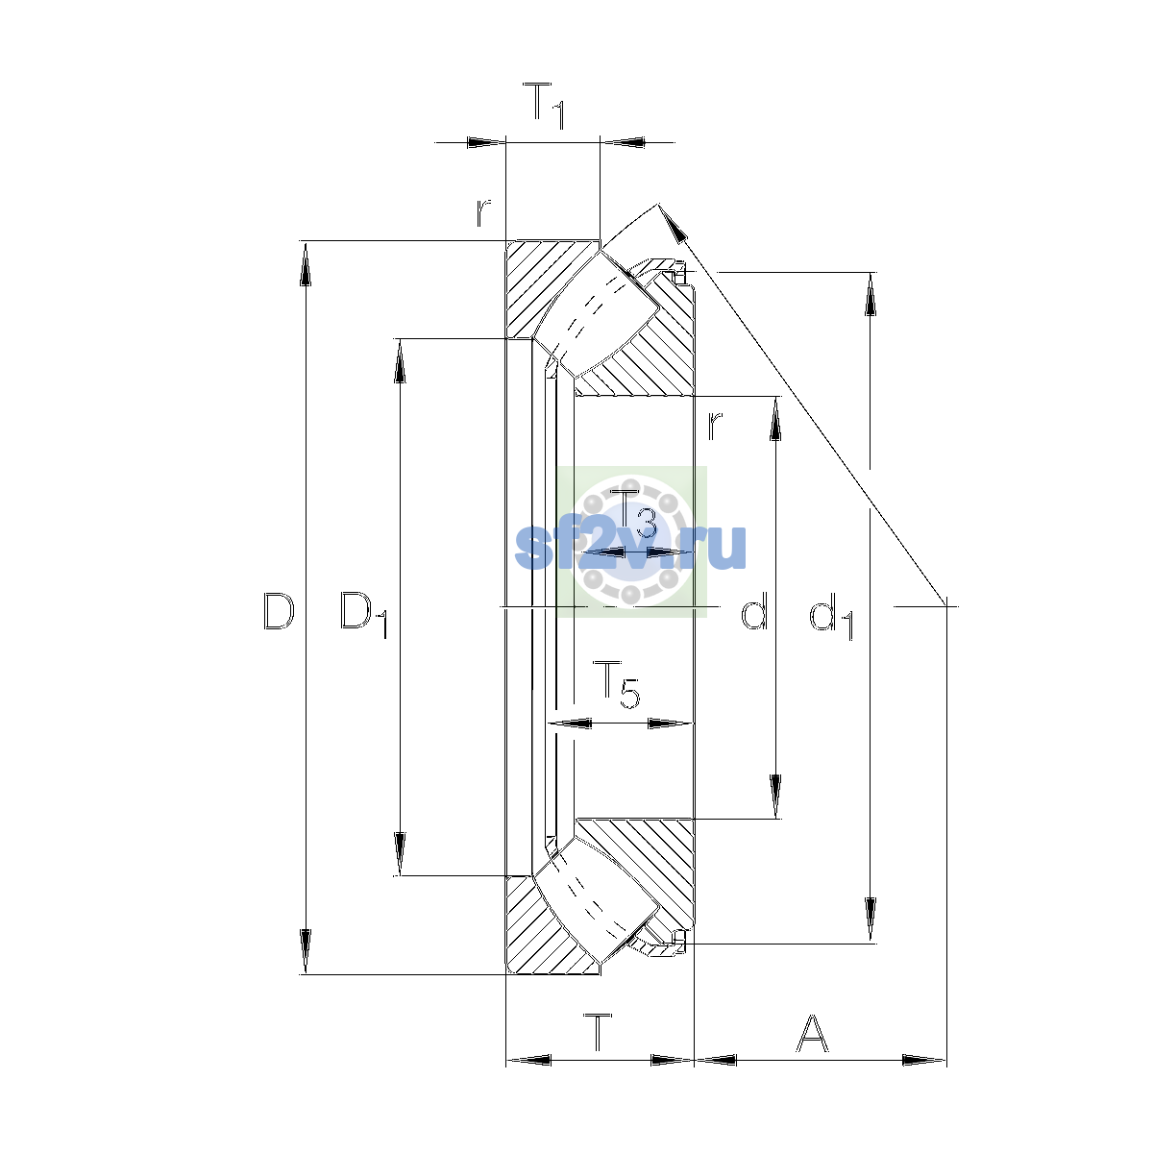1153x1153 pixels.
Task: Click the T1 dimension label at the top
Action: pyautogui.click(x=543, y=106)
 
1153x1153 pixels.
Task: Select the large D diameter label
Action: pyautogui.click(x=279, y=611)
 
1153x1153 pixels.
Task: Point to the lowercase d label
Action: pyautogui.click(x=754, y=610)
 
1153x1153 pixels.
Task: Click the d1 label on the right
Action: pyautogui.click(x=832, y=615)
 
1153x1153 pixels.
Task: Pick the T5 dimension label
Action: pyautogui.click(x=616, y=684)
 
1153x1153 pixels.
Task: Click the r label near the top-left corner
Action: pyautogui.click(x=483, y=213)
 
